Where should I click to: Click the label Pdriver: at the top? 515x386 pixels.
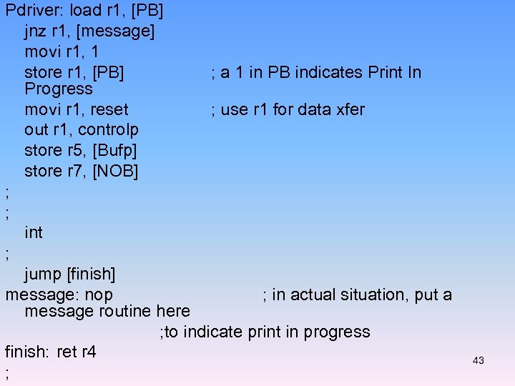point(34,11)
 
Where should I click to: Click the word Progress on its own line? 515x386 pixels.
point(58,89)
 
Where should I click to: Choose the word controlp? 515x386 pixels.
point(108,129)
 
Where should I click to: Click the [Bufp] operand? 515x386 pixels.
point(114,150)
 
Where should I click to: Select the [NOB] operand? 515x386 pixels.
point(115,171)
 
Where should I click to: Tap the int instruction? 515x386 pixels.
point(33,232)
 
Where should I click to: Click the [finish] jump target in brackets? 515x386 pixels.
point(90,274)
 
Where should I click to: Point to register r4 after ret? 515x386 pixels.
point(87,352)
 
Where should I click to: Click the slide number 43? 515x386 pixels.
point(479,360)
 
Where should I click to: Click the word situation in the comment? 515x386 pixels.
point(363,295)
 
